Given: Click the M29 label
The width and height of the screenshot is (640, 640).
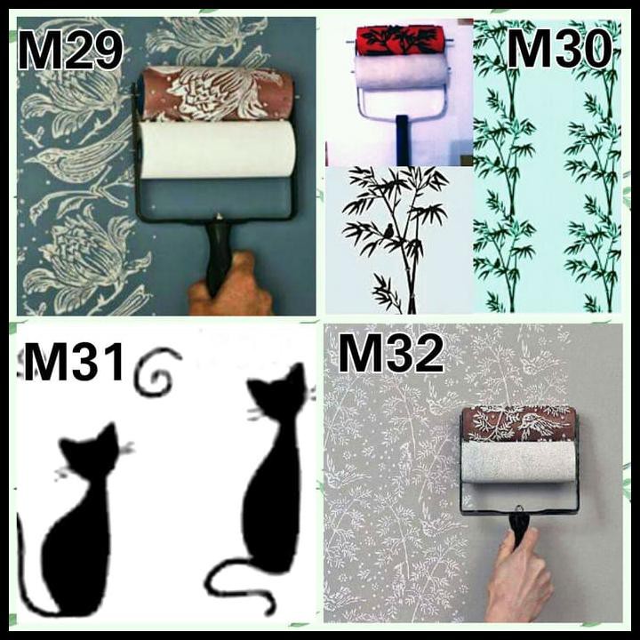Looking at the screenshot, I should pos(69,52).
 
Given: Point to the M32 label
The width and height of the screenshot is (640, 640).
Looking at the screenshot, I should pos(390,355).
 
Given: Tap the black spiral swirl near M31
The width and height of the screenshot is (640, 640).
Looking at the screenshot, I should pos(156,373).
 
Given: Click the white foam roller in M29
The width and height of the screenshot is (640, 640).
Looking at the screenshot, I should pos(217,149).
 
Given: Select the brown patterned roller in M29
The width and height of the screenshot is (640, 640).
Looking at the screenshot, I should pos(217,94).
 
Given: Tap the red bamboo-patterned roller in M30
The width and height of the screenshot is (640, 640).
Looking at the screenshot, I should pos(400,40).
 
